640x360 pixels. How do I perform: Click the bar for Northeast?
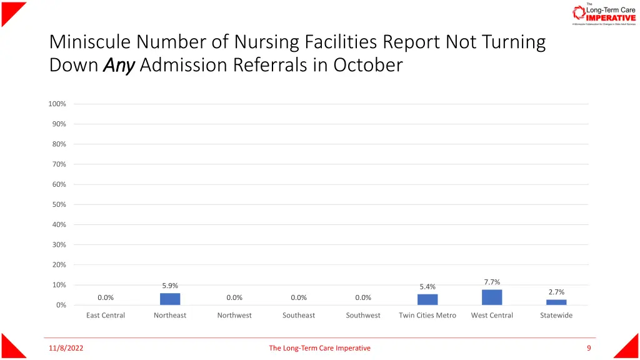point(170,299)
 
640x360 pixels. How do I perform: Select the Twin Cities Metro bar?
point(427,299)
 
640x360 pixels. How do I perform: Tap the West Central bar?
point(492,297)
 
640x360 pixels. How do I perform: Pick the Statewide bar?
point(556,302)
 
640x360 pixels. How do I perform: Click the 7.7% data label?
point(492,282)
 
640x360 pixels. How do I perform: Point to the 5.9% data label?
point(170,286)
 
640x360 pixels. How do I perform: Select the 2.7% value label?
point(556,292)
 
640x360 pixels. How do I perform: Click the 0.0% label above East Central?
point(106,297)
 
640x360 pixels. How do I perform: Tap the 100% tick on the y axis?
point(57,104)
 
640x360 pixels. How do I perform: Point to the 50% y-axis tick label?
point(59,204)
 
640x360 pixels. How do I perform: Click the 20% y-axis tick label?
point(59,264)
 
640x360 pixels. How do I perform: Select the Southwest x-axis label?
point(363,315)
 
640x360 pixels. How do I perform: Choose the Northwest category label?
point(234,315)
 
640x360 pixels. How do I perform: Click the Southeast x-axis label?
point(299,315)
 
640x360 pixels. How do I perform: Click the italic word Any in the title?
point(119,65)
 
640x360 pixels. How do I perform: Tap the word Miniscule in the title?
point(90,42)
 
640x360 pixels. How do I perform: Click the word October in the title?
point(367,65)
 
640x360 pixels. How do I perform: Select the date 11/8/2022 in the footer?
point(66,348)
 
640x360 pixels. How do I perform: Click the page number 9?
point(589,348)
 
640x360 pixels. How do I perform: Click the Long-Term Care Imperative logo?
point(604,14)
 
